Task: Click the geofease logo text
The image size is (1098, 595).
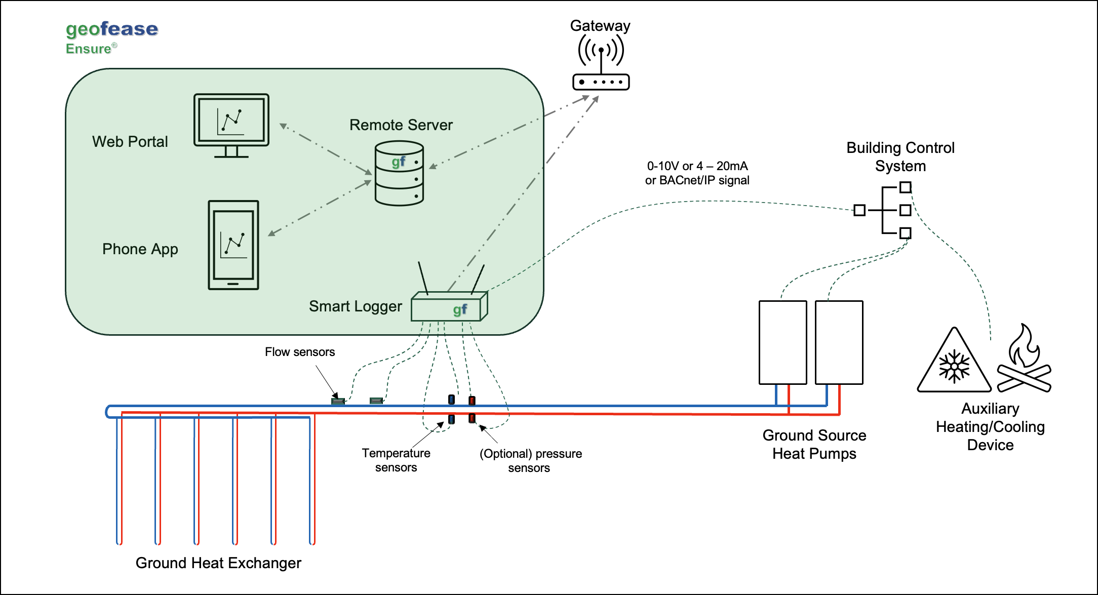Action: click(x=112, y=29)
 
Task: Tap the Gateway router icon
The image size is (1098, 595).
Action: click(x=601, y=63)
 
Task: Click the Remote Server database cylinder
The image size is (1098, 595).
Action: click(x=399, y=173)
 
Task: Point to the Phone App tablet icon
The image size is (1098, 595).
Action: click(x=233, y=245)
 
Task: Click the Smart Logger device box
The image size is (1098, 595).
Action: click(x=449, y=307)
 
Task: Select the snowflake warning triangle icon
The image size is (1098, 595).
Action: click(x=954, y=363)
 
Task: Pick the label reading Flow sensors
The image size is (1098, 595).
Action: click(x=300, y=352)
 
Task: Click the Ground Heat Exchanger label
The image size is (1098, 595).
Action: click(x=218, y=563)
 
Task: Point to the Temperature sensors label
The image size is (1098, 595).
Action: click(x=396, y=460)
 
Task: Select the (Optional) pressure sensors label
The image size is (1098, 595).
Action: click(x=530, y=461)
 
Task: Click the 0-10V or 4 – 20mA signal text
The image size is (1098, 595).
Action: click(x=697, y=173)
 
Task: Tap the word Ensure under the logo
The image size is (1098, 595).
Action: click(x=89, y=49)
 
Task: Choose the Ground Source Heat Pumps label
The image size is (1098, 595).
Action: click(x=814, y=445)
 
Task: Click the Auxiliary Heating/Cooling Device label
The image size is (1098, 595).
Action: click(x=990, y=427)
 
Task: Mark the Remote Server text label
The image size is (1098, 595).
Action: click(x=401, y=125)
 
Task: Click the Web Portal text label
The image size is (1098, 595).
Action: click(x=130, y=142)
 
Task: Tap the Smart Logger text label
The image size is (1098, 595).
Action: click(x=356, y=306)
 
